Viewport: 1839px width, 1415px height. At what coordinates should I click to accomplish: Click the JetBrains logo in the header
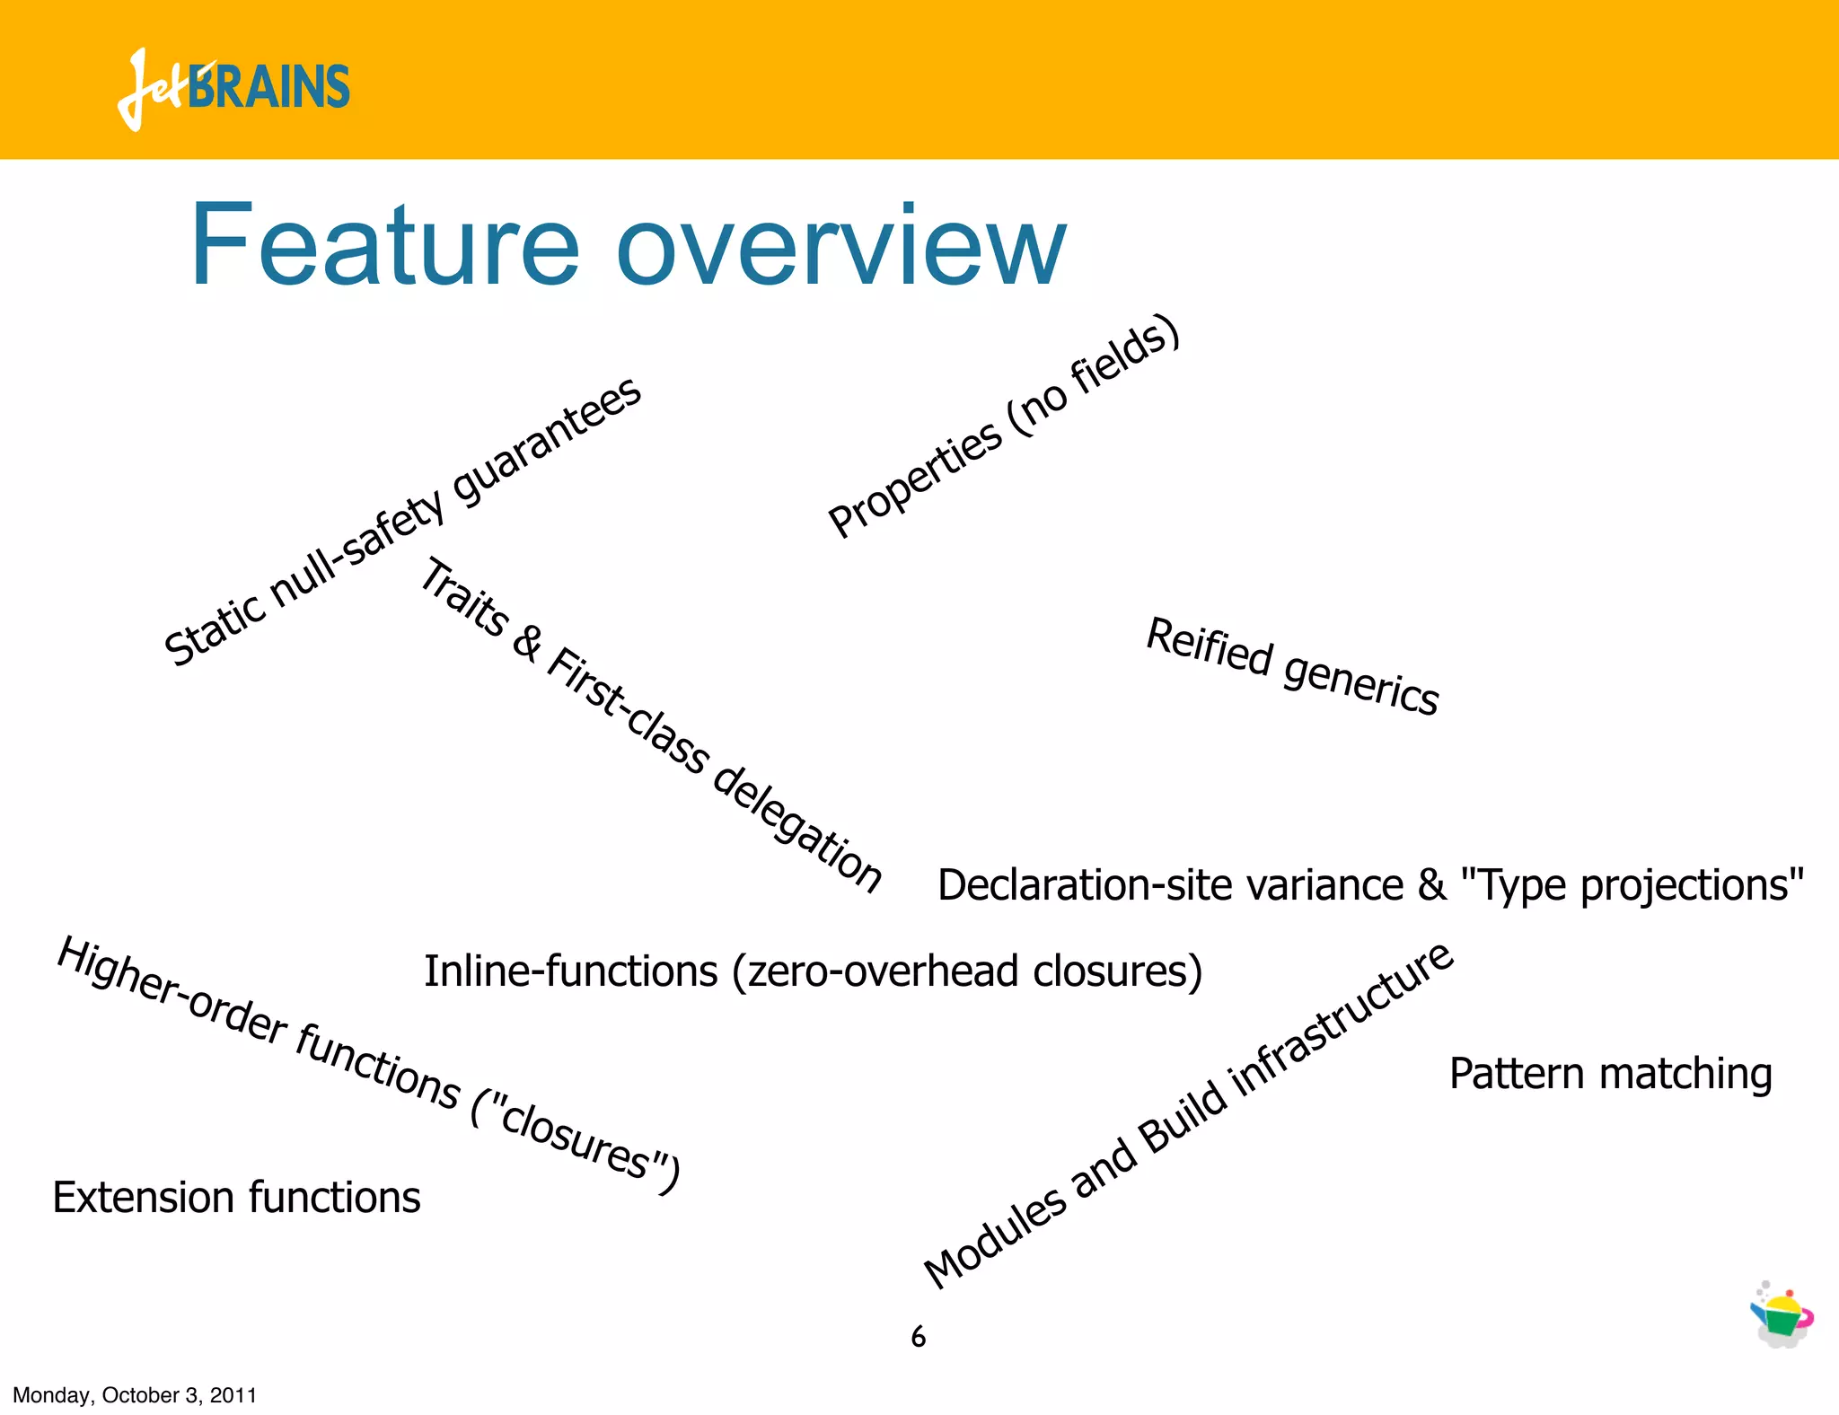click(x=233, y=88)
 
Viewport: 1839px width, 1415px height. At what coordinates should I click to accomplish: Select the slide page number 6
click(x=918, y=1337)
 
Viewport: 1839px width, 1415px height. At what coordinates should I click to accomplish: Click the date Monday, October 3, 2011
click(x=135, y=1395)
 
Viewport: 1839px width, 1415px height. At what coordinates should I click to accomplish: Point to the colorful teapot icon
click(x=1782, y=1315)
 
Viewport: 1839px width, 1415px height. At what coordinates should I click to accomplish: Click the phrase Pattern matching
click(x=1610, y=1074)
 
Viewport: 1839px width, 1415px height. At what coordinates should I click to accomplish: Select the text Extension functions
click(x=236, y=1198)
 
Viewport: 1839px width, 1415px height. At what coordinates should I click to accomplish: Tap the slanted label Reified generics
click(x=1292, y=666)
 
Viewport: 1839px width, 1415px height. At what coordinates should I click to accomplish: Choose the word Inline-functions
click(x=570, y=971)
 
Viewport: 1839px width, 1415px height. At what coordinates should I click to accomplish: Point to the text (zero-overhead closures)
click(x=966, y=971)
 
